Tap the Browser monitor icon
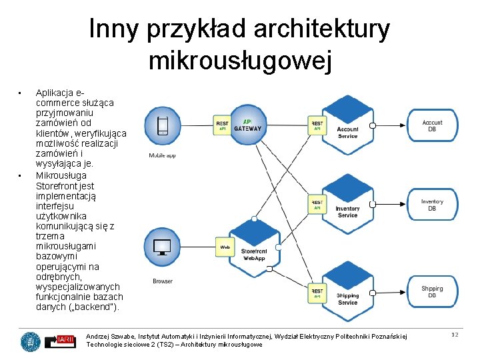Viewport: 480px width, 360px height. pos(162,248)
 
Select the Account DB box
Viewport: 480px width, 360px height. pos(432,127)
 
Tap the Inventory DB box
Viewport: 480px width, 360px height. pos(432,205)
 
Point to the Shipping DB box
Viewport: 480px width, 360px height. pos(432,292)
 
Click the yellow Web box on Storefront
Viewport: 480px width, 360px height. pos(225,247)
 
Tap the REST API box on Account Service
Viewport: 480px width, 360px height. pos(317,125)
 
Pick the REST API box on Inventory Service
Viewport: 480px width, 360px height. pos(317,204)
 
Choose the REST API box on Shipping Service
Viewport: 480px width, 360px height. pos(317,293)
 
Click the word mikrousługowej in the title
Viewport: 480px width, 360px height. pos(239,61)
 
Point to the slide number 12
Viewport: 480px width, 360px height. pos(455,335)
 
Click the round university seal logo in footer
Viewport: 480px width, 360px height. pos(30,341)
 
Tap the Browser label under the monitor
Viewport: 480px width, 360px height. pos(163,281)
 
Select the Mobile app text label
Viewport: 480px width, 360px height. pos(162,155)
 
